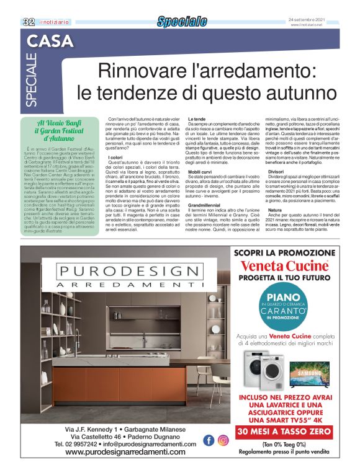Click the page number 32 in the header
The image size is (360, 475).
[x=28, y=22]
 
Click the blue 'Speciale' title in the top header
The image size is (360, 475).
[x=182, y=22]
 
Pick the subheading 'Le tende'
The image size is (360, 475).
[x=196, y=118]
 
